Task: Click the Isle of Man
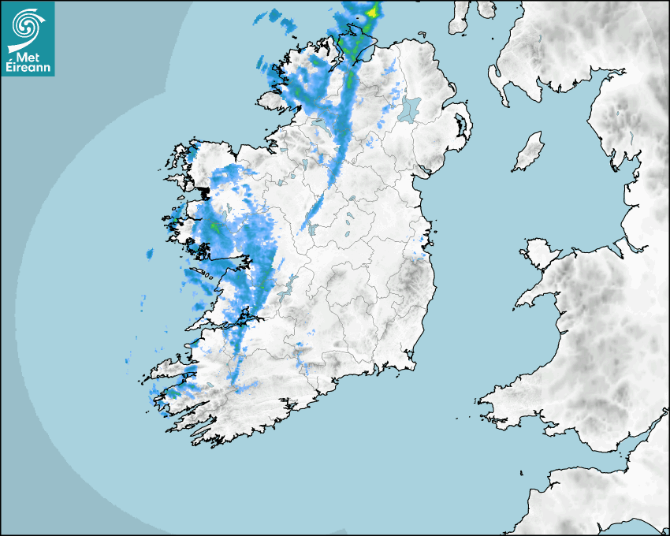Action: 529,152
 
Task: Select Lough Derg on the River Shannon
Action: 289,286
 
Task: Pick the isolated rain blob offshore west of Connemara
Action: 149,254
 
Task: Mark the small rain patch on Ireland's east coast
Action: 420,254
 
